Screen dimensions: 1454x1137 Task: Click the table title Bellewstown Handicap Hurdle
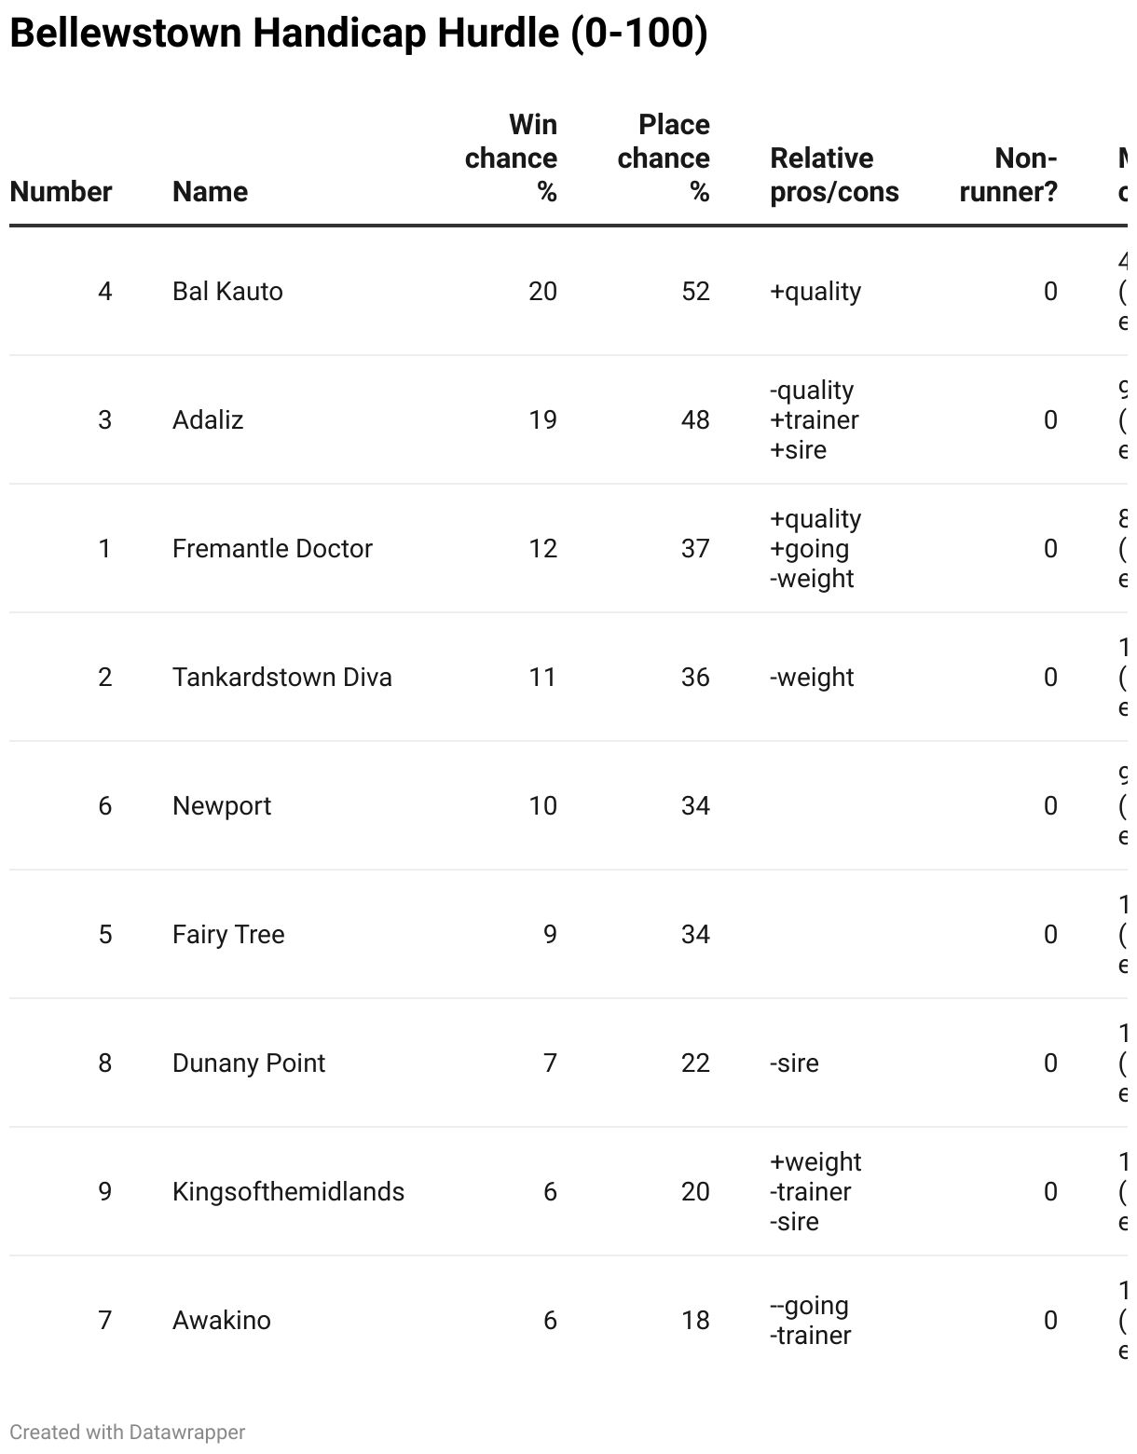click(x=358, y=34)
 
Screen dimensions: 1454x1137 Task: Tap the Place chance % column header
click(x=664, y=158)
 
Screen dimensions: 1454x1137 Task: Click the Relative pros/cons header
click(x=833, y=174)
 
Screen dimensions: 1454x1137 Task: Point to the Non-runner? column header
click(x=1008, y=174)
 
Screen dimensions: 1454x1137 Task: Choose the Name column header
click(x=210, y=191)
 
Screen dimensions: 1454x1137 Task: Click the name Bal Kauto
click(x=227, y=291)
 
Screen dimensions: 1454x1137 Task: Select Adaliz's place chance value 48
click(x=695, y=419)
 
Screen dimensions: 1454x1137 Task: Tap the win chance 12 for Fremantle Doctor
click(x=542, y=548)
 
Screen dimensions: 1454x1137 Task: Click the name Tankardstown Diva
click(x=281, y=677)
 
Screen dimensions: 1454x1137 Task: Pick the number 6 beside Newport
click(x=105, y=805)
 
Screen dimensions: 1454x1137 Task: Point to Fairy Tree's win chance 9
click(x=550, y=934)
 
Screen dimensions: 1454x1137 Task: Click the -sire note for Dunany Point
click(x=794, y=1063)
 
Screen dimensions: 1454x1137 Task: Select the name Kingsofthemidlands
click(x=288, y=1191)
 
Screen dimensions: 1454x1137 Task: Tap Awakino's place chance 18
click(x=695, y=1320)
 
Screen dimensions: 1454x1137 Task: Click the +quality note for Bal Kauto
click(x=815, y=291)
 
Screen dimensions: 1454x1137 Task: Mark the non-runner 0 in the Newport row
click(x=1050, y=805)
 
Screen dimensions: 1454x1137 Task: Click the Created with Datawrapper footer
click(x=128, y=1432)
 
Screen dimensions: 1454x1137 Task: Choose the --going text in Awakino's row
click(x=809, y=1305)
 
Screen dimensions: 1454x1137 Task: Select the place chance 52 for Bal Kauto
click(x=695, y=291)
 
